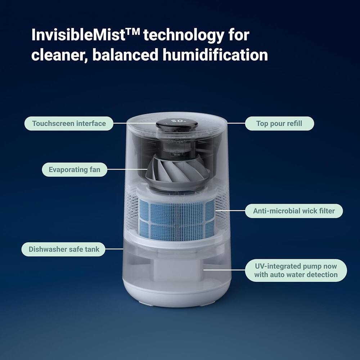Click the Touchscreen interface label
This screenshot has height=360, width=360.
click(68, 123)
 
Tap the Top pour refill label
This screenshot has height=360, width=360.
click(279, 123)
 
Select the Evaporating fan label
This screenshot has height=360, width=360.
click(75, 170)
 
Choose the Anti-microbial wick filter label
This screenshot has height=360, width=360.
click(294, 211)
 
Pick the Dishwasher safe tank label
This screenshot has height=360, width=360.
click(64, 249)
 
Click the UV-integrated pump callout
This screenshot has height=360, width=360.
click(296, 270)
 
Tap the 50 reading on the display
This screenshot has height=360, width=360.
click(177, 121)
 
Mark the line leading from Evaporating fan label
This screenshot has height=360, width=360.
click(126, 170)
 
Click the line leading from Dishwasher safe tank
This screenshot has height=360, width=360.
click(114, 249)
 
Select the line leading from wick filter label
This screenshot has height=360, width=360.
click(230, 211)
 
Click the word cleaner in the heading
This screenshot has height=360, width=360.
click(56, 55)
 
